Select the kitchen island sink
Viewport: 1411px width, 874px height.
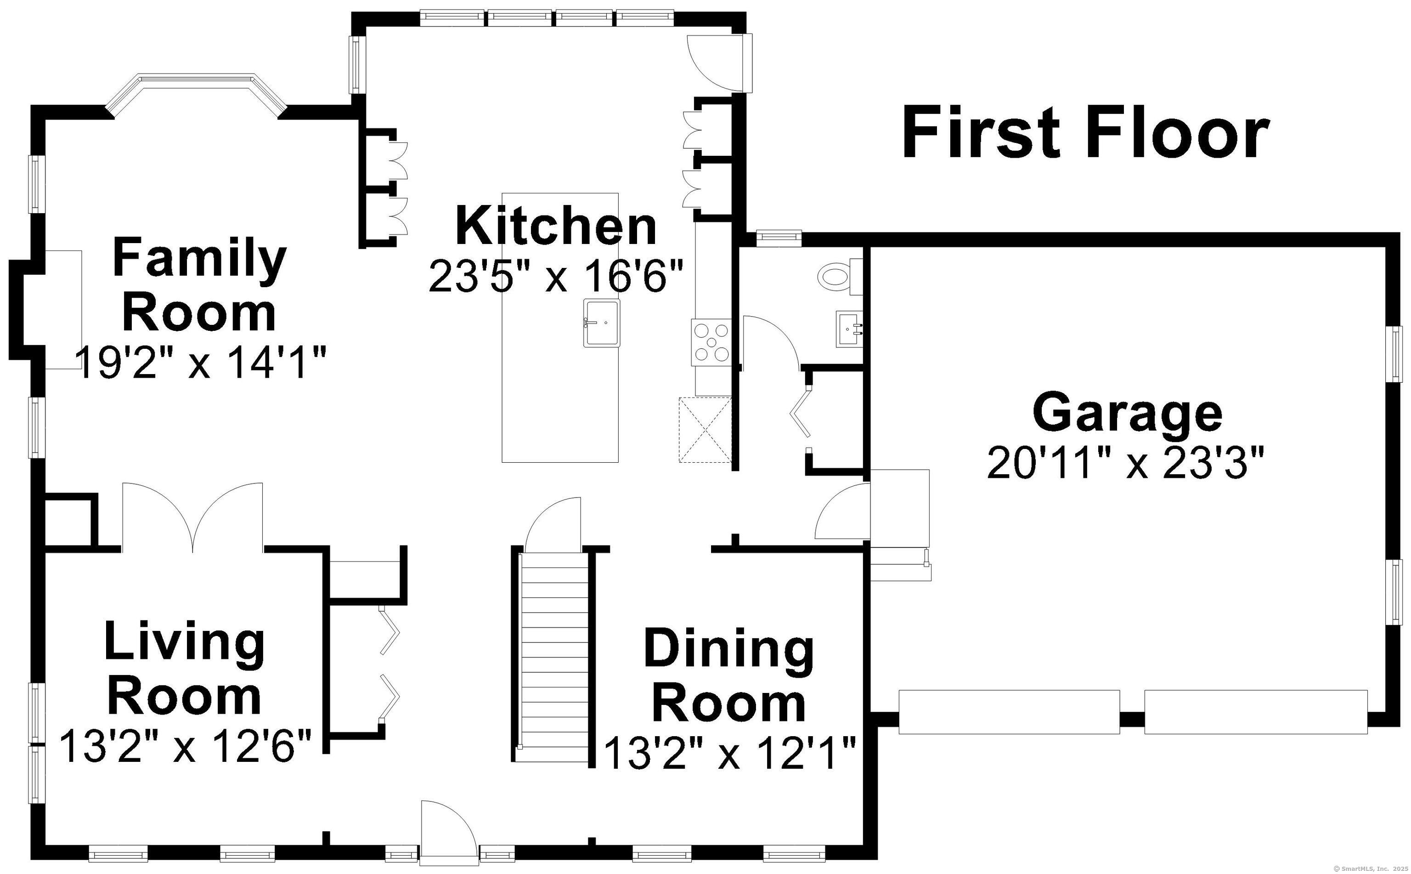click(602, 323)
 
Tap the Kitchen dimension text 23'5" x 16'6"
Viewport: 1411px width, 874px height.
click(556, 276)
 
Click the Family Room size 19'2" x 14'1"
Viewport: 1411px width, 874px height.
click(201, 363)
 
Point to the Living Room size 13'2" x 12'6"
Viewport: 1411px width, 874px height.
click(186, 746)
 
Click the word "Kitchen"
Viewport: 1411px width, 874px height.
click(556, 226)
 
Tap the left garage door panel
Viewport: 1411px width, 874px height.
click(1009, 712)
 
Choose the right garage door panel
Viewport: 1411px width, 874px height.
click(1256, 712)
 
